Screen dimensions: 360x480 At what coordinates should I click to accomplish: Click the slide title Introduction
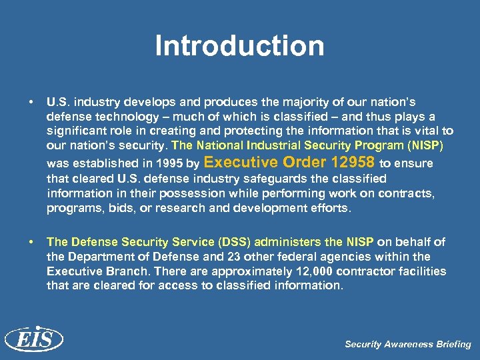coord(239,46)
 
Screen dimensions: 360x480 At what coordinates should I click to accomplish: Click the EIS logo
coord(33,340)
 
